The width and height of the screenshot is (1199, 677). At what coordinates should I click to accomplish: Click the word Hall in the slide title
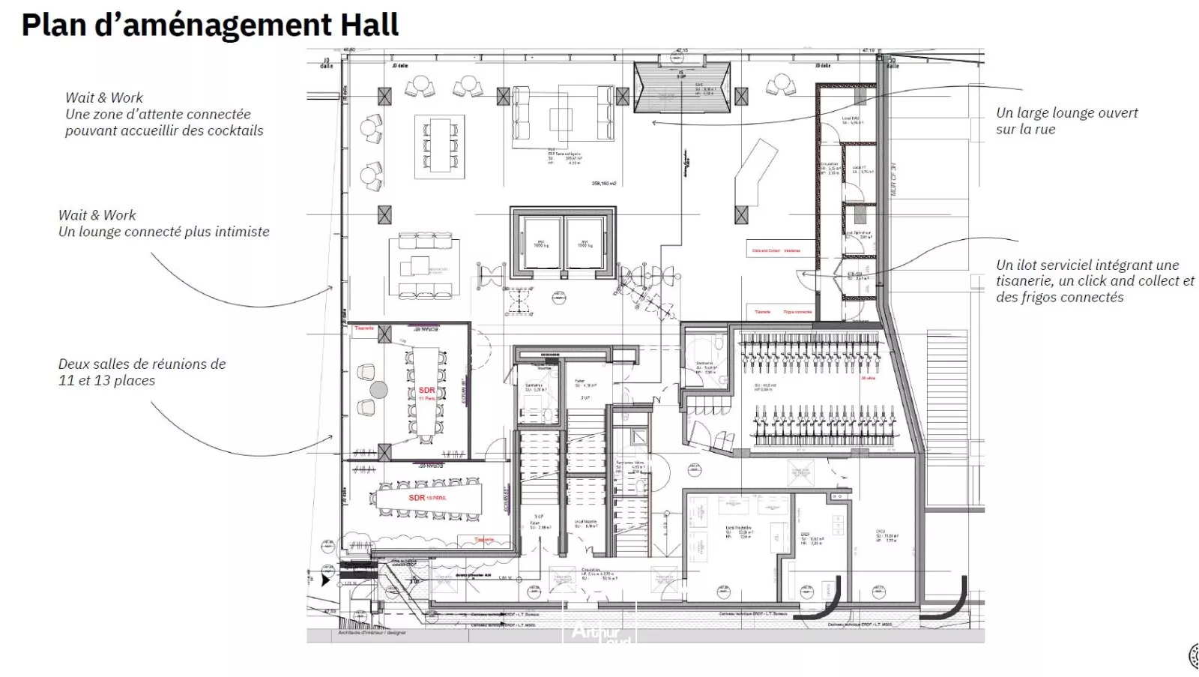(369, 25)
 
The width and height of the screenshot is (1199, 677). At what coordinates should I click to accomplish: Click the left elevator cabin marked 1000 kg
(540, 242)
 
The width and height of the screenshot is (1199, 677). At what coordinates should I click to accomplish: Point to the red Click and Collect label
(765, 251)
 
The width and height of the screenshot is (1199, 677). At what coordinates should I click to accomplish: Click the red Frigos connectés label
(797, 312)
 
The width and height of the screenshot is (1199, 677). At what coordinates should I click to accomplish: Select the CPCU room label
(881, 534)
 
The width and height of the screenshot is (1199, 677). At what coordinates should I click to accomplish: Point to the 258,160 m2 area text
(603, 184)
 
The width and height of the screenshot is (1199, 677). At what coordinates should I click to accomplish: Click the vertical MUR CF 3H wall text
(893, 179)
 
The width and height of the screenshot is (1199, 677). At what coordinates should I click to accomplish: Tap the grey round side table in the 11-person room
(379, 390)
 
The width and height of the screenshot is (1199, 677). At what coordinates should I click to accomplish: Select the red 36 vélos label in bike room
(868, 379)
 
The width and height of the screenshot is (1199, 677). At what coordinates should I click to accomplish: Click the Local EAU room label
(851, 119)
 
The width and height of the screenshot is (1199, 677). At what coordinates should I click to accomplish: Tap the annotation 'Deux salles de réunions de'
(142, 364)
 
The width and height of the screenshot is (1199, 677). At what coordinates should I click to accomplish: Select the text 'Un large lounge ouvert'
(1066, 113)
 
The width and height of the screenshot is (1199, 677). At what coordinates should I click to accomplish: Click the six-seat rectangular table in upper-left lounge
(439, 145)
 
